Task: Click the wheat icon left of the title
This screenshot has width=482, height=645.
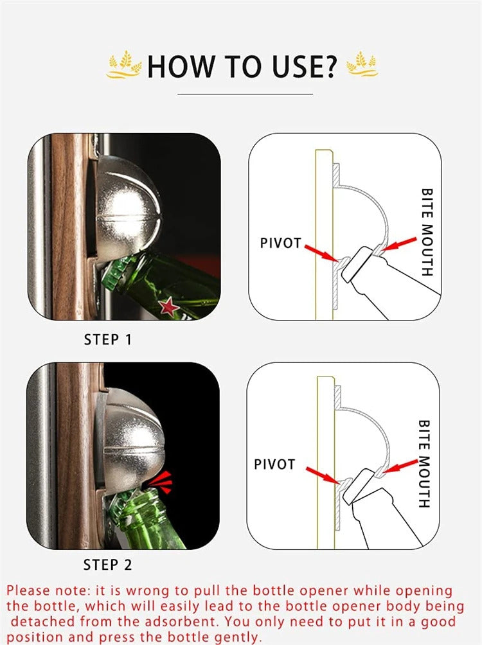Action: click(x=123, y=65)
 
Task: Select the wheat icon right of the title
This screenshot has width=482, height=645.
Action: click(x=362, y=64)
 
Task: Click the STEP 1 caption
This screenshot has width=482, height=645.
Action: click(x=107, y=340)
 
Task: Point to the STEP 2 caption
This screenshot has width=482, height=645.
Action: click(x=107, y=565)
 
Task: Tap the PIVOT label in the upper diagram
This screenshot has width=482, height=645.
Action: click(x=281, y=243)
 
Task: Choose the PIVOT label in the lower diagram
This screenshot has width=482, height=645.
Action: click(x=274, y=464)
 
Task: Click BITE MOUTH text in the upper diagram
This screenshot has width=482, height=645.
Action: click(x=427, y=232)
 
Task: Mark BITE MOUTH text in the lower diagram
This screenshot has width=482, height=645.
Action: click(x=424, y=464)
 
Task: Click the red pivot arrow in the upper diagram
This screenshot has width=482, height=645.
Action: click(x=321, y=253)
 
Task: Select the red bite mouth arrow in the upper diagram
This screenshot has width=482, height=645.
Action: click(x=398, y=243)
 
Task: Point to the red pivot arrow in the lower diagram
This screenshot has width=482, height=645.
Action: click(x=322, y=475)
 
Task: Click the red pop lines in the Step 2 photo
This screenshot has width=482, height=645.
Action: click(x=161, y=482)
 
